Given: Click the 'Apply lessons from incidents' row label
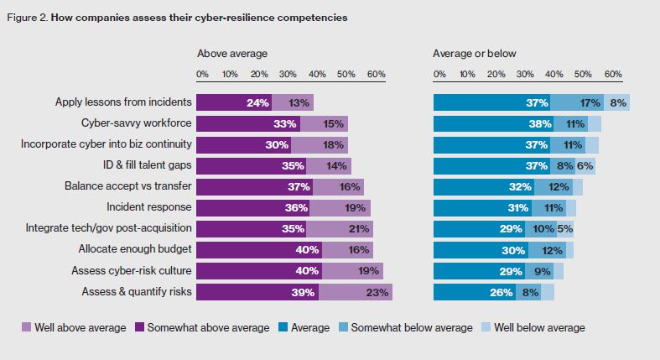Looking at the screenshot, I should click(x=124, y=102).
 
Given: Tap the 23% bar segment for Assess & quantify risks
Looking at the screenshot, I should click(x=356, y=292).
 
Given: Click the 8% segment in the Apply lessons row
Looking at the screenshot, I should click(x=619, y=102).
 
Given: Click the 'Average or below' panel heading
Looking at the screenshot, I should click(x=475, y=54).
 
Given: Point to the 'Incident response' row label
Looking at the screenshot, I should click(x=149, y=207).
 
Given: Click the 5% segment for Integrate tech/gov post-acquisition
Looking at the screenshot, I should click(x=566, y=228).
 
